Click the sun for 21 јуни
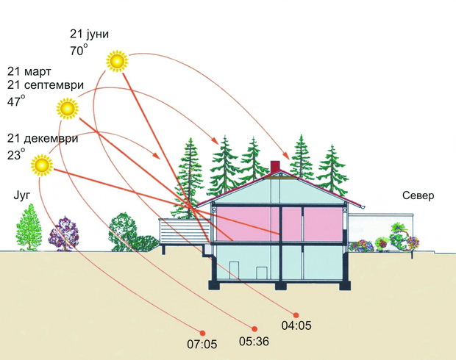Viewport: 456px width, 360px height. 117,61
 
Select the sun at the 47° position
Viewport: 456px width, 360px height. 68,109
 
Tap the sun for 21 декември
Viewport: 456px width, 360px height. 42,165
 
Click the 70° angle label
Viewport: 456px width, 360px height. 78,50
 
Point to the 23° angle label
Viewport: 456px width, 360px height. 16,154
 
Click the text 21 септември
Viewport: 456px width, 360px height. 46,85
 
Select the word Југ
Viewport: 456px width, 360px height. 22,196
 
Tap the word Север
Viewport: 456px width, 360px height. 418,195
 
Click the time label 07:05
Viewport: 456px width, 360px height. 202,345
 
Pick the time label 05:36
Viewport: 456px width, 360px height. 254,342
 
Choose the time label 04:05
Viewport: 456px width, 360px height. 296,325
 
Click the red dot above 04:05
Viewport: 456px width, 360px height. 296,315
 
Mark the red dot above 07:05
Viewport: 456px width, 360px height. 202,333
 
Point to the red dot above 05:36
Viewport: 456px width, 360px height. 254,329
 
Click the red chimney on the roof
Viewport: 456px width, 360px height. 275,167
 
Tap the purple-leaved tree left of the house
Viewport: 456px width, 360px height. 64,234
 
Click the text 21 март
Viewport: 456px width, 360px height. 29,71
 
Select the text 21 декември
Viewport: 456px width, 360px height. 43,138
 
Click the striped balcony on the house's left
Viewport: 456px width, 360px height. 184,231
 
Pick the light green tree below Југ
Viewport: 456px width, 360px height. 29,227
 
